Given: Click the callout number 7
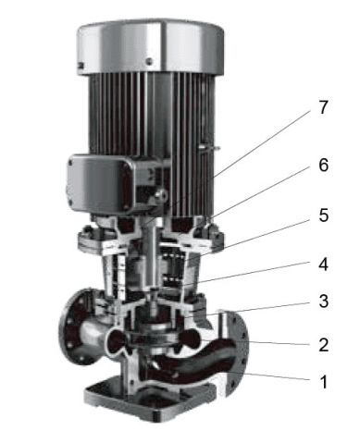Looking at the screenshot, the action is click(323, 107).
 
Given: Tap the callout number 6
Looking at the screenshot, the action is click(323, 165).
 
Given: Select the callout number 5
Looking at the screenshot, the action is click(323, 215).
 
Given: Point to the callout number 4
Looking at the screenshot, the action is click(323, 265).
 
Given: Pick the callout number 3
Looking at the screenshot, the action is click(323, 302).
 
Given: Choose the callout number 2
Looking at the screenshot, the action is click(323, 345).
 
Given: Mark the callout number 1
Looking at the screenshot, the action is click(323, 382).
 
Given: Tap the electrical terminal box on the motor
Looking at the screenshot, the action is click(100, 183).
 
